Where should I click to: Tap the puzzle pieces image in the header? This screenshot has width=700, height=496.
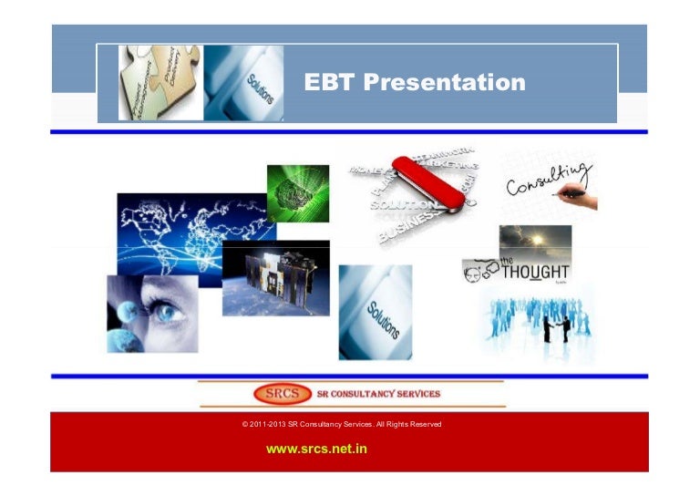tap(160, 83)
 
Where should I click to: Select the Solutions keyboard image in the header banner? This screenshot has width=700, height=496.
tap(243, 83)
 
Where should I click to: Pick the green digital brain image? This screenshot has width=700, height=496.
tap(297, 192)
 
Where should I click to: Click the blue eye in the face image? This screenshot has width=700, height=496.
tap(166, 314)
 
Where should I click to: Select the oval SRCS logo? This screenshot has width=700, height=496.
tap(278, 394)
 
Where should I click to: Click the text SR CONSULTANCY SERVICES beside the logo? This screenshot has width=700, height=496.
tap(377, 394)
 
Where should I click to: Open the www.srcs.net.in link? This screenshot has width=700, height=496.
tap(316, 449)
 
